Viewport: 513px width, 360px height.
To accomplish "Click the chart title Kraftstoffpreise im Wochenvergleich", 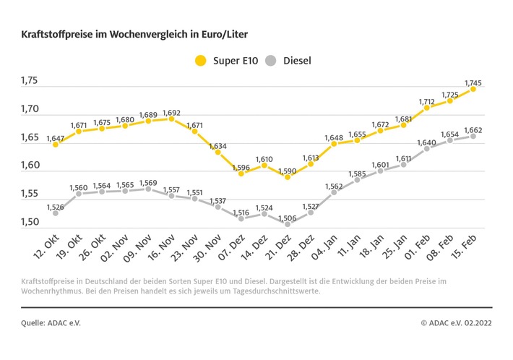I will click(138, 34).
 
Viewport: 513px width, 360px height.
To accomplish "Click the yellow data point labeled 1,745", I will click(473, 88).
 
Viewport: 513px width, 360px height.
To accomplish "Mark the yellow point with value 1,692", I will click(171, 118).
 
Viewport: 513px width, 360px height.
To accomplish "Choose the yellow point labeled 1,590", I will click(288, 176).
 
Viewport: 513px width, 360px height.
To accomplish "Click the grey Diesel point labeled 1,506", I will click(288, 224).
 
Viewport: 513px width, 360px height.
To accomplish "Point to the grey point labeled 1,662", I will click(473, 135).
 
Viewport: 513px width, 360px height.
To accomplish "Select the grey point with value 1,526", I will click(56, 213).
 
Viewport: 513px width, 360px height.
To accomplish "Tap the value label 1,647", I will click(56, 137).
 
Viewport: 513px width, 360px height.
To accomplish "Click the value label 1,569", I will click(148, 182).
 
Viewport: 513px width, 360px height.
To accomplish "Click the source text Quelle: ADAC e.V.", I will click(51, 322).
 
